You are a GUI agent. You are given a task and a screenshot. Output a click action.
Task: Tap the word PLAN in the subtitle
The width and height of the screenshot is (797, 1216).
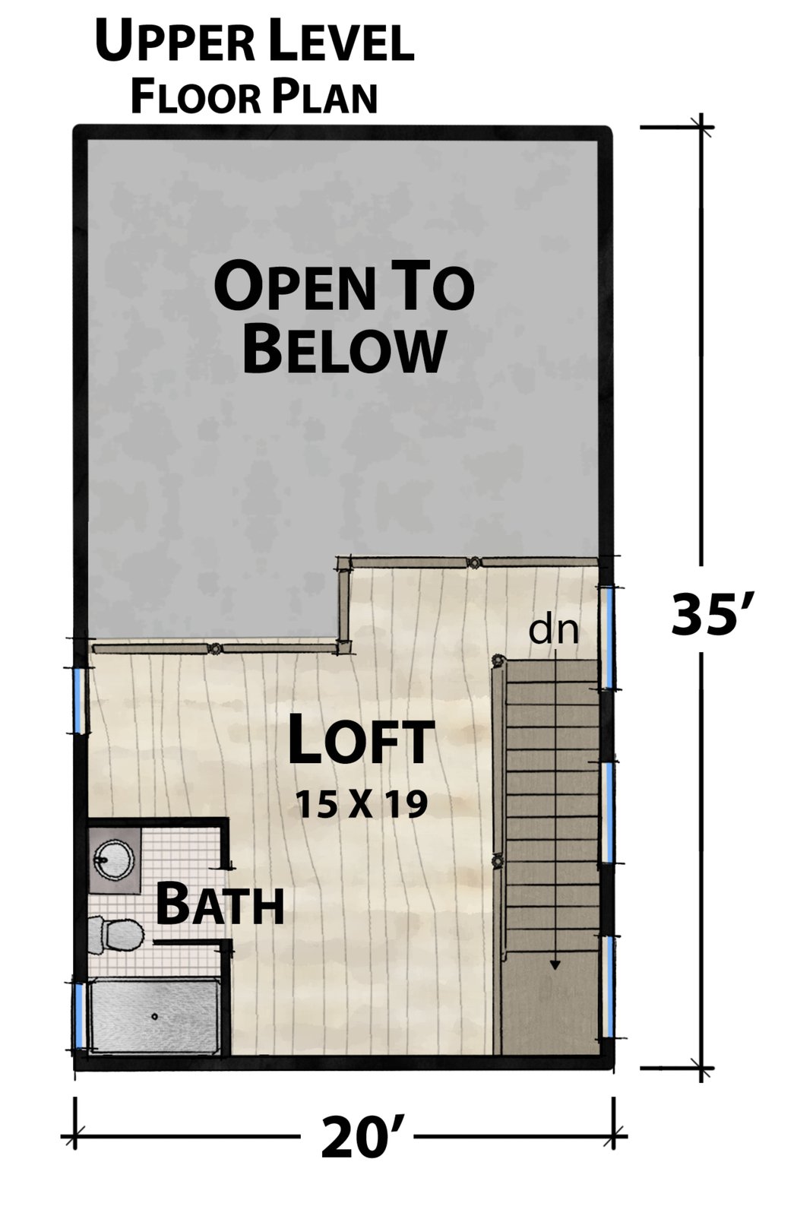tap(324, 97)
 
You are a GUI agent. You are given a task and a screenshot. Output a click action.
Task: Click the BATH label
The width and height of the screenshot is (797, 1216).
tap(220, 905)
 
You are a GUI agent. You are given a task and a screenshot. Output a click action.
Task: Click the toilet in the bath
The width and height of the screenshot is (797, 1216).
tap(115, 936)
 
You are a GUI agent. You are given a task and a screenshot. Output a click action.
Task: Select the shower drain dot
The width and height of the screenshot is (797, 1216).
tap(155, 1016)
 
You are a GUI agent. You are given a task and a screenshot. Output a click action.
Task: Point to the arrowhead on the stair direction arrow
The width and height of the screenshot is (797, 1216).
tap(555, 964)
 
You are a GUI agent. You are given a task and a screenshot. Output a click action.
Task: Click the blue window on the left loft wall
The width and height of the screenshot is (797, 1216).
tap(79, 700)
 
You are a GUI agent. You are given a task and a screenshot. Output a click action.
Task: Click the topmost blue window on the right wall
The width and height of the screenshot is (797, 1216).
tap(609, 638)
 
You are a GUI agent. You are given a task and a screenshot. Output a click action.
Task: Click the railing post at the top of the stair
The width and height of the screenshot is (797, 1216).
tap(496, 660)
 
